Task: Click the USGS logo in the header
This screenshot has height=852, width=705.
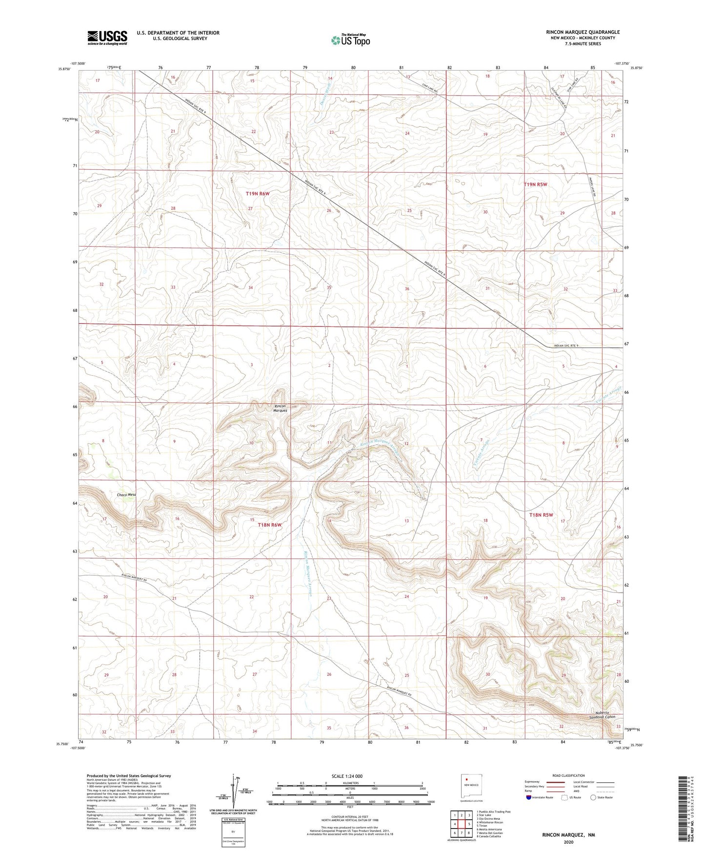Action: click(107, 38)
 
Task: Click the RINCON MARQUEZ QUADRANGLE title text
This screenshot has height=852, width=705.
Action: click(583, 32)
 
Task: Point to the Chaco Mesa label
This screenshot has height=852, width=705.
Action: click(126, 495)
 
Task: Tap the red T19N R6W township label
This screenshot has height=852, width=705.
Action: click(258, 194)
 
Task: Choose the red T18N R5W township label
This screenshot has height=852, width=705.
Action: click(542, 515)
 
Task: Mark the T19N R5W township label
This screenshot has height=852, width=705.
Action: click(535, 184)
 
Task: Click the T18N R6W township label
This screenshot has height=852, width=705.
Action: click(270, 525)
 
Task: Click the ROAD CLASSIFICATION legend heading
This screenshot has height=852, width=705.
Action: click(568, 775)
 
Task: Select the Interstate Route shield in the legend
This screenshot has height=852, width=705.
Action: click(529, 797)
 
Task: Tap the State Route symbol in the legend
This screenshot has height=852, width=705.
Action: click(593, 797)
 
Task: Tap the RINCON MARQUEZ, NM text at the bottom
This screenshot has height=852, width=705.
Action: click(568, 835)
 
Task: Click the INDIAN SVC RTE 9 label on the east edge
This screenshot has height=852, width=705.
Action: click(566, 346)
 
